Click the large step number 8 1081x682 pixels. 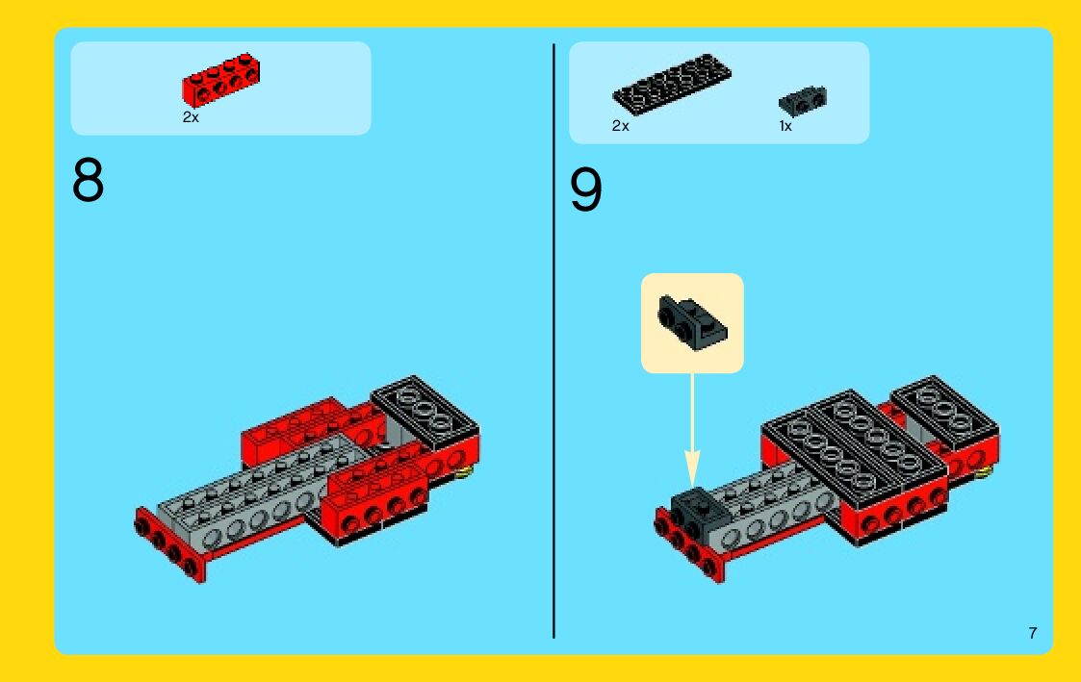coord(88,180)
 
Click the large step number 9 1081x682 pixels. coord(585,189)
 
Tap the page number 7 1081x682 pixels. coord(1032,633)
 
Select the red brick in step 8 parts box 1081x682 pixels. coord(220,79)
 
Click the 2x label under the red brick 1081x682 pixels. coord(191,117)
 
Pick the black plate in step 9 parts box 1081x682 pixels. coord(672,84)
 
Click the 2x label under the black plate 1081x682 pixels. coord(621,126)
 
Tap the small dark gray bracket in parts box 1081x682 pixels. coord(803,101)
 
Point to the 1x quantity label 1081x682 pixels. coord(785,126)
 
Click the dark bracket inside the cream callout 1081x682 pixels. coord(691,323)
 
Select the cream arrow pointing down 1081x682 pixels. coord(692,430)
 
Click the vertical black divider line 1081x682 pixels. coord(553,341)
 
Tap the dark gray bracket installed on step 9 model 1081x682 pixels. coord(699,515)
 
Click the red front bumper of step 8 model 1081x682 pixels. coord(169,545)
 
